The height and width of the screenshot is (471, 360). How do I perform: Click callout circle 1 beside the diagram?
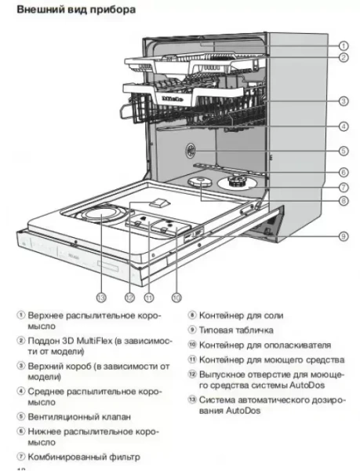(344, 46)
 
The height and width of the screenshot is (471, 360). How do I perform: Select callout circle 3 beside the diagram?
(344, 100)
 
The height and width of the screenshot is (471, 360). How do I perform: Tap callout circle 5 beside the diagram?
(344, 151)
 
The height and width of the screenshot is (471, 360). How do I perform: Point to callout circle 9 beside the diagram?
(344, 235)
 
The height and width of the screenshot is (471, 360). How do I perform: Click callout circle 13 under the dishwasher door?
(101, 297)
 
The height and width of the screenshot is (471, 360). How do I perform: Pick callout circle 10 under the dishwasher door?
(177, 297)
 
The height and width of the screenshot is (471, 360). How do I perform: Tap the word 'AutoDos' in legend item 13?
(241, 411)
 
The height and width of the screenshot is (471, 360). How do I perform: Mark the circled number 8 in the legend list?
(192, 315)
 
